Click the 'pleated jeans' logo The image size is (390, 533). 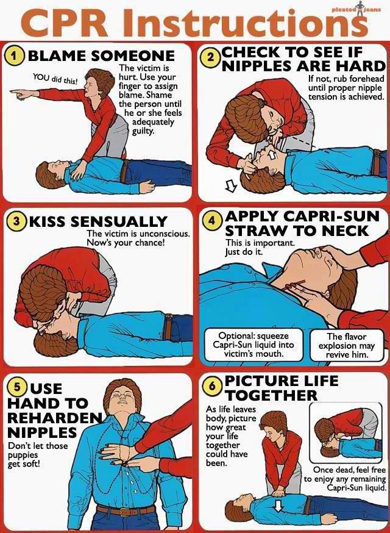[356, 9]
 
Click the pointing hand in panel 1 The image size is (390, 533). [19, 93]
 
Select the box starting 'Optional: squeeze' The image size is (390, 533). [253, 345]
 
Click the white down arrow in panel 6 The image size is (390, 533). [278, 507]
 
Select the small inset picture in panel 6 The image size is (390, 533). [346, 433]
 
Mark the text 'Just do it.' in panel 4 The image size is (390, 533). [244, 252]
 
